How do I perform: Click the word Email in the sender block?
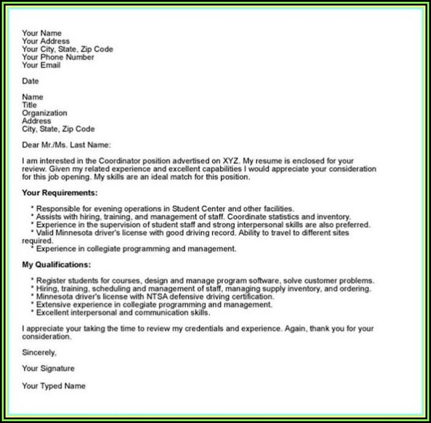coord(50,65)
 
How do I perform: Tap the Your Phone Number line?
coord(58,57)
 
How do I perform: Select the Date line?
coord(30,81)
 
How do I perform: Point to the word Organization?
coord(44,113)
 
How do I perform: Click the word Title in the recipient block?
coord(30,105)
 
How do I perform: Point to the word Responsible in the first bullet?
coord(61,209)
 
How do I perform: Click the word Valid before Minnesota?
coord(46,233)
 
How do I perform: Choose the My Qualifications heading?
coord(56,265)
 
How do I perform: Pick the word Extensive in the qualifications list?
coord(54,305)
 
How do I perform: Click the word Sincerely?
coord(39,353)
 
